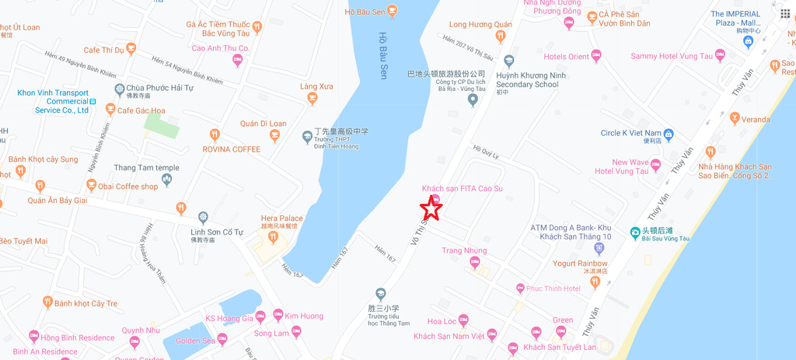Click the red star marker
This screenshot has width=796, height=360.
pos(431,208)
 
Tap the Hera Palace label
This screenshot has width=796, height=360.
pos(280,218)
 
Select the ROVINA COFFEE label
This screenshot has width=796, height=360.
pos(231,149)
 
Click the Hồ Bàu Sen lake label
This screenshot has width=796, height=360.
pos(382,55)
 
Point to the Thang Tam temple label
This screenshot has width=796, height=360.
pos(146,167)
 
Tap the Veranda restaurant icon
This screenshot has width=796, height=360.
pos(735,119)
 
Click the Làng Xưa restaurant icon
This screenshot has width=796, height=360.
pos(312,99)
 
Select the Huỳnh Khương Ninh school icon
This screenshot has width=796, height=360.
pos(509,61)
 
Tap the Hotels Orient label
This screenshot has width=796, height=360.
pos(566,57)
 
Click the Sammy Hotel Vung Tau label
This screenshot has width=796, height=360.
pos(671,57)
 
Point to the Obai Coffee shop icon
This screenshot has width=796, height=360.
pos(92,186)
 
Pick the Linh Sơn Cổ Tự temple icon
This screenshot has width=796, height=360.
pos(203,217)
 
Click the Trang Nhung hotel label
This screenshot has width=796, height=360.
pos(464,250)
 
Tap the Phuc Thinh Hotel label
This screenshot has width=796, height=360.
pos(553,288)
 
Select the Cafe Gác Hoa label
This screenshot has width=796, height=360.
pos(141,110)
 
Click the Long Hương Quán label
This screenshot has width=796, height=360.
pos(480,25)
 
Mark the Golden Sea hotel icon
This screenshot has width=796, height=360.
pos(222,339)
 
